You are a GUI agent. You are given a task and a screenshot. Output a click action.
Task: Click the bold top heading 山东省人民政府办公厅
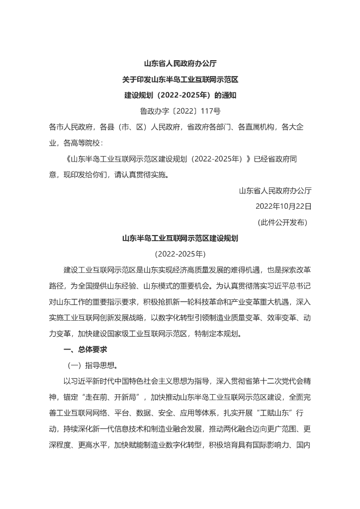[x=180, y=64]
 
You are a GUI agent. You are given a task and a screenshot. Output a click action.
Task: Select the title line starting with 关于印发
[x=180, y=80]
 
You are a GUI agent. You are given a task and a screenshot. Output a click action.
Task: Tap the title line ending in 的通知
[x=180, y=95]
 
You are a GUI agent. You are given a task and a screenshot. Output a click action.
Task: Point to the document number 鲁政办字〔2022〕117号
[x=180, y=111]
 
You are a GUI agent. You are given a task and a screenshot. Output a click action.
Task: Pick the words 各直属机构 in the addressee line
[x=256, y=127]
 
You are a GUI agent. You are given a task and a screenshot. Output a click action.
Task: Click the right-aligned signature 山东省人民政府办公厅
[x=275, y=190]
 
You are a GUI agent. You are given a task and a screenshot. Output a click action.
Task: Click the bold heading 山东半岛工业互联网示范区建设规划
[x=180, y=238]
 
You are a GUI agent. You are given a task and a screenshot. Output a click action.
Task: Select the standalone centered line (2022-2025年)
[x=180, y=254]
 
